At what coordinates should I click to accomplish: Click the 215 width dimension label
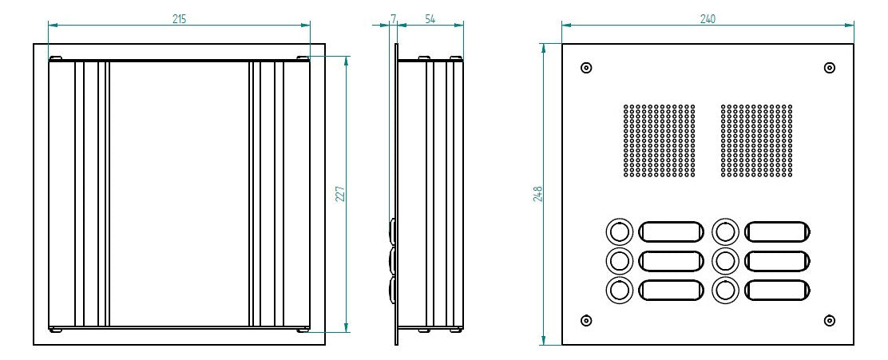[179, 18]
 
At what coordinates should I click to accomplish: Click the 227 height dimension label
[340, 194]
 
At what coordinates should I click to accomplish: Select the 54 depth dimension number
[430, 18]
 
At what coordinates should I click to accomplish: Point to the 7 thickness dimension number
[393, 18]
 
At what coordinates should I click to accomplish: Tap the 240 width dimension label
[708, 18]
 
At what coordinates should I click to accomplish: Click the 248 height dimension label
[538, 194]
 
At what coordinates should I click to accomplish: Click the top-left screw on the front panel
[587, 68]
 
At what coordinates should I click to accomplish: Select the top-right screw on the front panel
[830, 68]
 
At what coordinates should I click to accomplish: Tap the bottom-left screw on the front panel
[587, 321]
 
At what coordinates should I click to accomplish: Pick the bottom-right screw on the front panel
[830, 321]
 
